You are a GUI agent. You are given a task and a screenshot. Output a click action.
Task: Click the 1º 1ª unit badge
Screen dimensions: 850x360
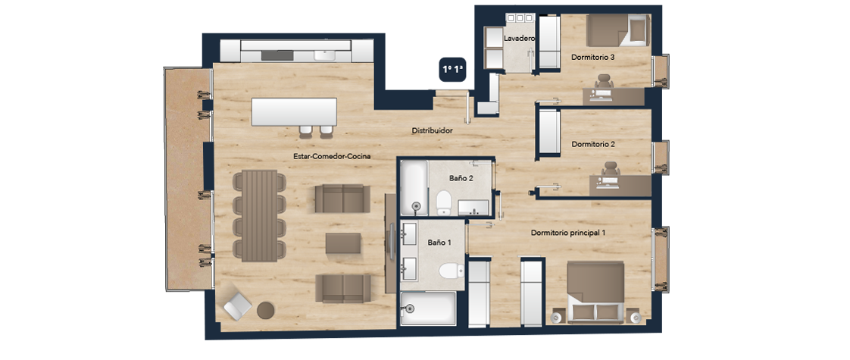[x=453, y=70]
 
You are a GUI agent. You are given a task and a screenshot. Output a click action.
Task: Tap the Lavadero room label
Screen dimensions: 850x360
[x=520, y=39]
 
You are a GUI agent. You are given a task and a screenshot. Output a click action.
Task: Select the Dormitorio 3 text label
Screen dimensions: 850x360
[x=592, y=57]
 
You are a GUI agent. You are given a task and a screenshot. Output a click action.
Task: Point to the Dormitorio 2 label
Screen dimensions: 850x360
[x=592, y=145]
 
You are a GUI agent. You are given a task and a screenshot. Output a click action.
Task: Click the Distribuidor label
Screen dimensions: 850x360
[x=432, y=130]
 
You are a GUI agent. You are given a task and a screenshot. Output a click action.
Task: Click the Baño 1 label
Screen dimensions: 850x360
[x=439, y=243]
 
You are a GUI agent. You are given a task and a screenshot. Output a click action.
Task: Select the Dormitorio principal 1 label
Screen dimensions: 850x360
[x=568, y=233]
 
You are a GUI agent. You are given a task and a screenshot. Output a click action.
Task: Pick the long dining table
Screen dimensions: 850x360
[x=260, y=216]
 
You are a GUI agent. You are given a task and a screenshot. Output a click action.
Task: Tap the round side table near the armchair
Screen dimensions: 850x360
[x=266, y=310]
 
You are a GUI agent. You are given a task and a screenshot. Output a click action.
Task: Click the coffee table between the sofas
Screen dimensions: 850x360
[x=343, y=243]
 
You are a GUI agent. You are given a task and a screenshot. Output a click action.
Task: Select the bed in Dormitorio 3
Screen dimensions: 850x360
[x=618, y=30]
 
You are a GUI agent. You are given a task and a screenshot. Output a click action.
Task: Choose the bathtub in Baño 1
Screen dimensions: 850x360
[x=428, y=308]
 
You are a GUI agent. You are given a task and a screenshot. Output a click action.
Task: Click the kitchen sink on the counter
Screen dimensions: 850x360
[x=325, y=55]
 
